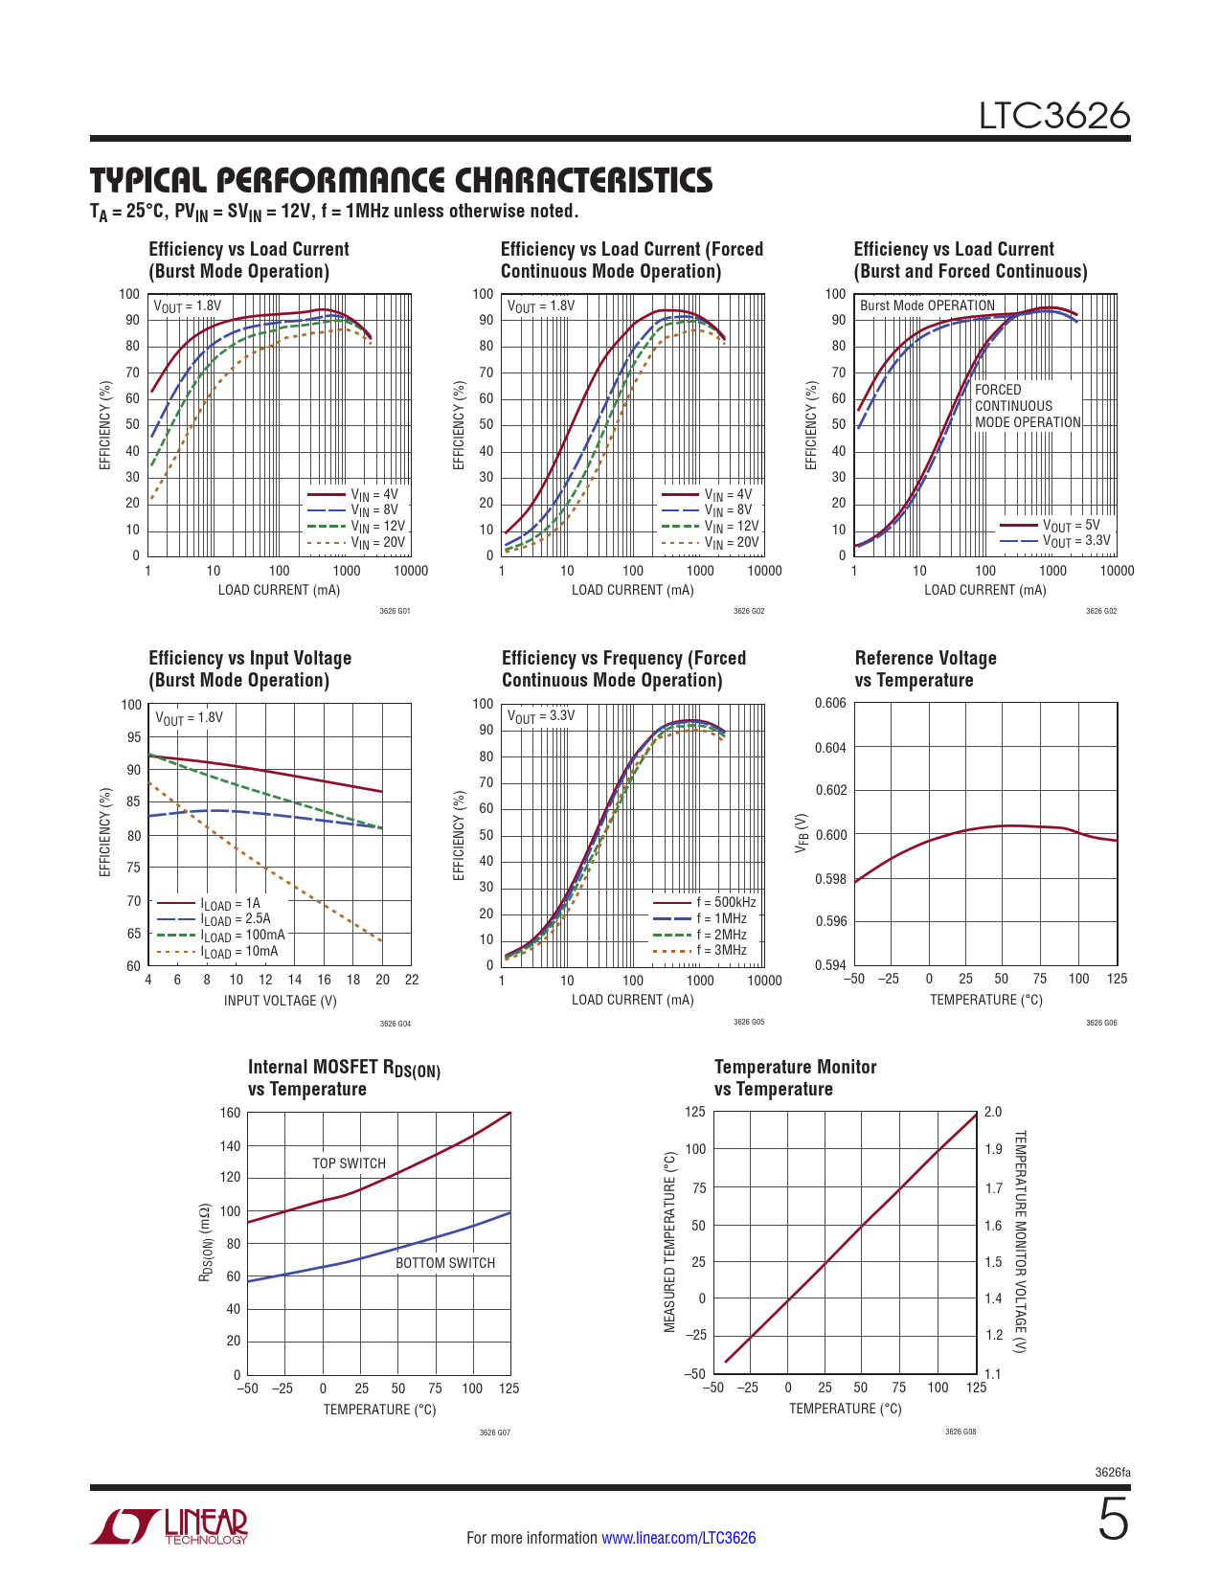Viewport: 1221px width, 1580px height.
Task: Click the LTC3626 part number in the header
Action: (1053, 116)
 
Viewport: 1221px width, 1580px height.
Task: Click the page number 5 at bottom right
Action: (1113, 1521)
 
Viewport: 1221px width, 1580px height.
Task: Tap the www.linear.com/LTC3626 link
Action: (678, 1538)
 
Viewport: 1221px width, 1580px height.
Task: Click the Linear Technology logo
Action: (169, 1526)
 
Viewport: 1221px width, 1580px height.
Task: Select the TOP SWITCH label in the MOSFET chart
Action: (349, 1163)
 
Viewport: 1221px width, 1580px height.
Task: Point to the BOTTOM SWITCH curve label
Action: (445, 1263)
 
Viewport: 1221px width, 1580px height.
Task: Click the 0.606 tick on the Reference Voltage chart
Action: (830, 704)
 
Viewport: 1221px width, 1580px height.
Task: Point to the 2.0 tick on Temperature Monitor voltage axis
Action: (993, 1112)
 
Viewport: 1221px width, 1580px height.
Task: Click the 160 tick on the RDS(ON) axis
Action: (230, 1113)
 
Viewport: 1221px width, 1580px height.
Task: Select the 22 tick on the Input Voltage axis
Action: (412, 980)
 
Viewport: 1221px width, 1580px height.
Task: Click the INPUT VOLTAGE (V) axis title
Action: (280, 1001)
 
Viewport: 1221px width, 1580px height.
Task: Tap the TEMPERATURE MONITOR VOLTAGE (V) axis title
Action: (1020, 1241)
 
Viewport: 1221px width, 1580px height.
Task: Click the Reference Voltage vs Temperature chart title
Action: (925, 668)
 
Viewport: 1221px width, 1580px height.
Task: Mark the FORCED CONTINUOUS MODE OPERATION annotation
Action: (1027, 406)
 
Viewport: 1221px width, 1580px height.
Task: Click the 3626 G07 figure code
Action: (494, 1433)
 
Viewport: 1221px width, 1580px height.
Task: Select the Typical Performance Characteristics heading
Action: (401, 180)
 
